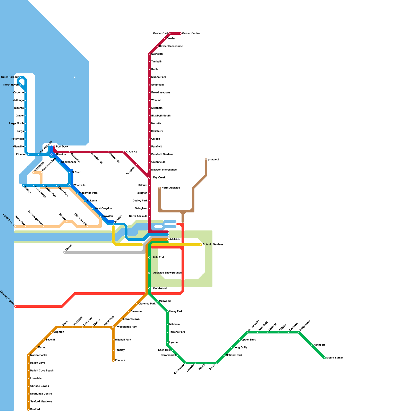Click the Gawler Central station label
(191, 33)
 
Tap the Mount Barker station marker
(324, 358)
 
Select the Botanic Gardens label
(213, 245)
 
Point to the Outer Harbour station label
(10, 77)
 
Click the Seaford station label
(35, 409)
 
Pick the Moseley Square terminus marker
(15, 306)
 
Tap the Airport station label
(69, 248)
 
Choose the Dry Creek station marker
(149, 178)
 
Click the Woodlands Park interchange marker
(113, 327)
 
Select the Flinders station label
(120, 360)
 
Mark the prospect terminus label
(213, 160)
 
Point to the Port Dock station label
(62, 147)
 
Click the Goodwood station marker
(149, 288)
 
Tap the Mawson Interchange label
(164, 170)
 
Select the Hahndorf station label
(319, 345)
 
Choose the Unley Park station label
(176, 312)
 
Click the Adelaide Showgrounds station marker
(149, 273)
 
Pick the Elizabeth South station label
(161, 116)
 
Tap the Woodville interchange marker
(70, 185)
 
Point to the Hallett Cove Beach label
(42, 371)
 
